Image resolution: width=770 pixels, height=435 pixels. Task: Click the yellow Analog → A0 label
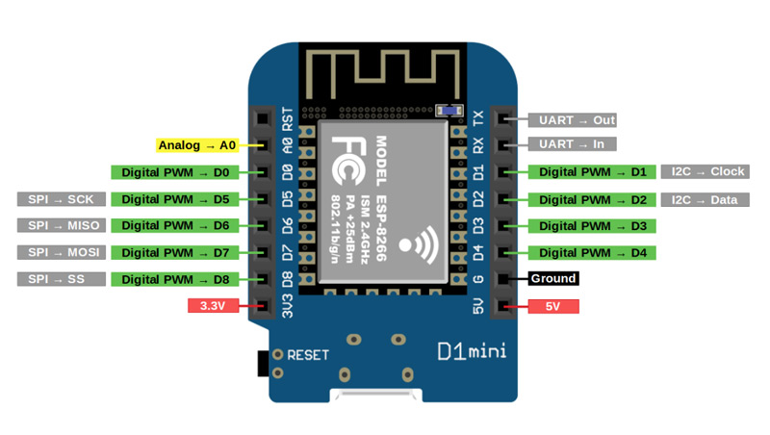196,145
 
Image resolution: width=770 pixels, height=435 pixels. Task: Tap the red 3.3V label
209,307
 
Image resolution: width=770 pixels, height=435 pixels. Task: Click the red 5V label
553,307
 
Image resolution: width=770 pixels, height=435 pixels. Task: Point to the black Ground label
553,279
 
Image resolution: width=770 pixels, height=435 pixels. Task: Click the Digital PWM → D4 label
592,253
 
